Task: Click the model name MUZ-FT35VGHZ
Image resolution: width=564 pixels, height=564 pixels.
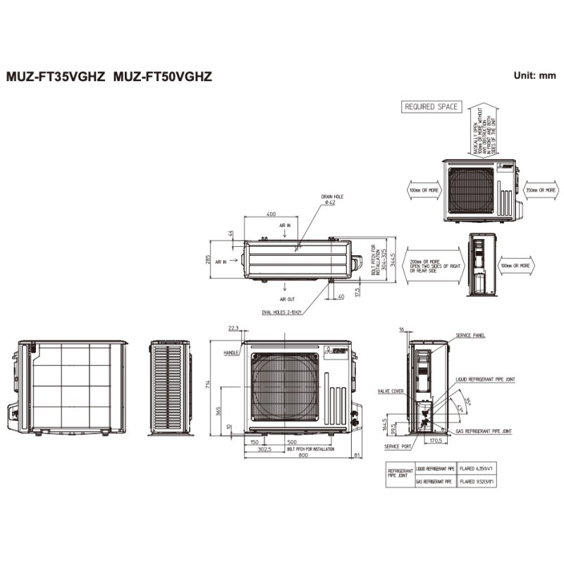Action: pyautogui.click(x=56, y=76)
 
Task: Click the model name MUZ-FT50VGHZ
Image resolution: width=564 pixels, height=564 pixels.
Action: pyautogui.click(x=163, y=76)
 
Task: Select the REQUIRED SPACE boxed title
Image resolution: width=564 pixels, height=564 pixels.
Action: pyautogui.click(x=431, y=107)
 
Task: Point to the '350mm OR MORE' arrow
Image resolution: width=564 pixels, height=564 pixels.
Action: pyautogui.click(x=541, y=190)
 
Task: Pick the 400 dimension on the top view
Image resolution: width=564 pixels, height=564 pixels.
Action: pyautogui.click(x=271, y=214)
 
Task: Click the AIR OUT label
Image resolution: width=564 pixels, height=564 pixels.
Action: pyautogui.click(x=287, y=298)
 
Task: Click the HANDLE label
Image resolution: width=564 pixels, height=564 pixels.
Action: pyautogui.click(x=231, y=352)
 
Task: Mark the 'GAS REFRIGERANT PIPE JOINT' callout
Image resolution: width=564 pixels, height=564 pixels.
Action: pyautogui.click(x=483, y=430)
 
